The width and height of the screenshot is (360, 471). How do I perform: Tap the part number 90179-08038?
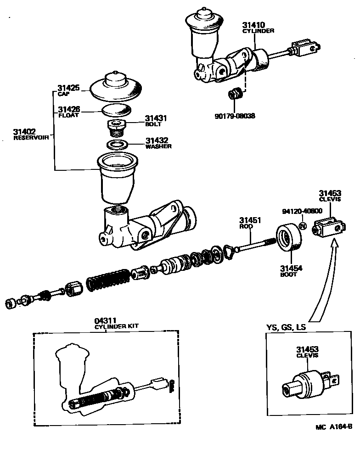tap(235, 116)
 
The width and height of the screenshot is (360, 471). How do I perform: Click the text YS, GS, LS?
tap(286, 328)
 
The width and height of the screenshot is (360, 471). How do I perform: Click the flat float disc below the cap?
tap(116, 110)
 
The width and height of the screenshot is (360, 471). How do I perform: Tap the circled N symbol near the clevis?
tap(303, 226)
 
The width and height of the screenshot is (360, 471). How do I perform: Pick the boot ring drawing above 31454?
tap(289, 238)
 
